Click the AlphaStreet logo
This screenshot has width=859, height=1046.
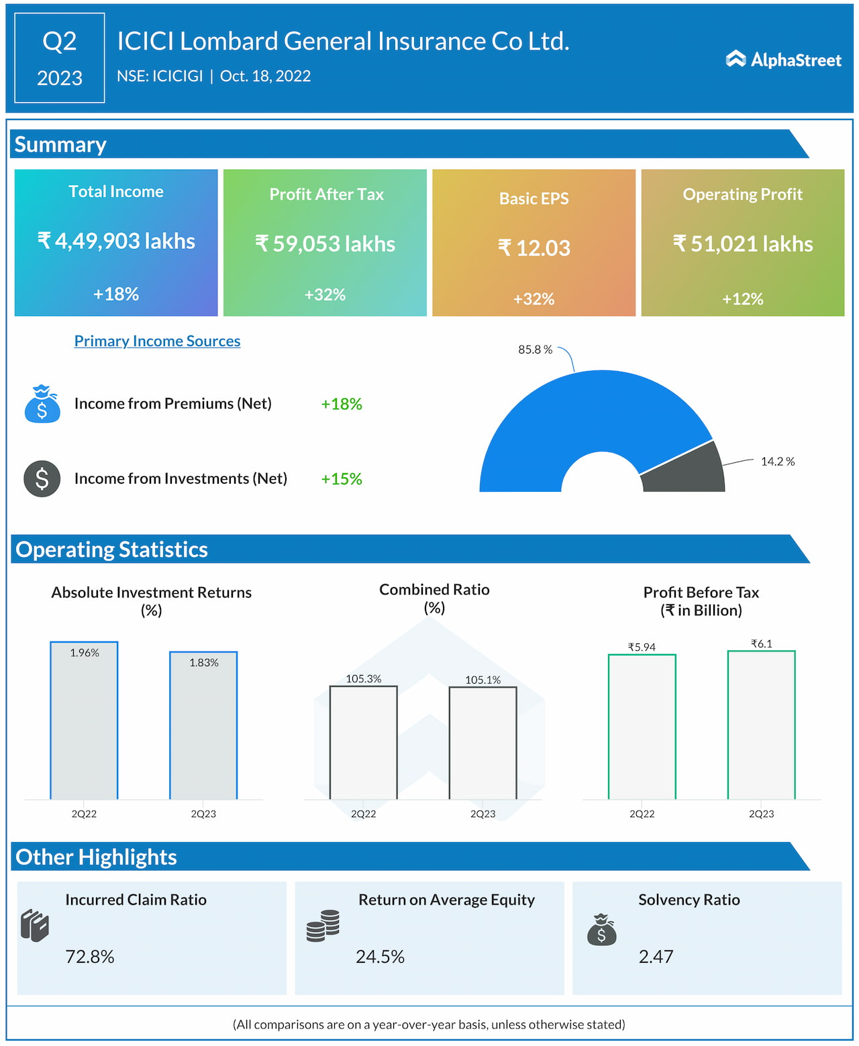[x=783, y=60]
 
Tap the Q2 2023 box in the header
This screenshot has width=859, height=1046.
[x=60, y=58]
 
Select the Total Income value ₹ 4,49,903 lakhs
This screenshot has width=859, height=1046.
[x=116, y=241]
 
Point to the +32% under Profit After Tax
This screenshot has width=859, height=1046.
[x=325, y=295]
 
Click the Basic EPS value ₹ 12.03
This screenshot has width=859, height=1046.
[x=534, y=248]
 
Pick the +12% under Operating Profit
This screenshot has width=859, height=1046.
[x=742, y=299]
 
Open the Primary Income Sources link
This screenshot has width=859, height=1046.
[x=157, y=341]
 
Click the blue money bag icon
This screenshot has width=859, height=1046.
[x=42, y=404]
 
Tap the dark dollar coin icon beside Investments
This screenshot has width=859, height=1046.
[x=42, y=478]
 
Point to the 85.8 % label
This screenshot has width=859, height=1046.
[x=535, y=350]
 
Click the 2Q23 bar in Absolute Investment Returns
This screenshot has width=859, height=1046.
[x=203, y=728]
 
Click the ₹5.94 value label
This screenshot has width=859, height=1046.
[x=642, y=647]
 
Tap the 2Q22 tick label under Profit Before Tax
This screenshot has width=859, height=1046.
[x=642, y=814]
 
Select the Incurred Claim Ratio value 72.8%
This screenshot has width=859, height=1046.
[x=90, y=957]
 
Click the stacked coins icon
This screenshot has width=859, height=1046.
[x=323, y=926]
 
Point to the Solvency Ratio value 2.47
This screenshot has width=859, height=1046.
[x=656, y=957]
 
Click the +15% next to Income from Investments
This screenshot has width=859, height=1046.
[x=342, y=479]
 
